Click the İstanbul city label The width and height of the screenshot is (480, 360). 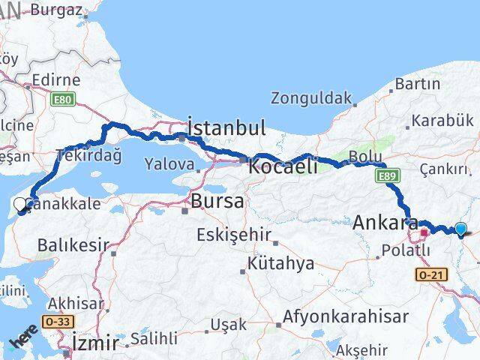(226, 127)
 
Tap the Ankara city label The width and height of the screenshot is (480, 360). (385, 223)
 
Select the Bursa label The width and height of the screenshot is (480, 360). (217, 201)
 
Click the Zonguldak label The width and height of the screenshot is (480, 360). (311, 98)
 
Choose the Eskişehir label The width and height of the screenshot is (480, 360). (233, 235)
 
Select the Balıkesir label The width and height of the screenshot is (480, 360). (73, 245)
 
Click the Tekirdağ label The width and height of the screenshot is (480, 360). (88, 156)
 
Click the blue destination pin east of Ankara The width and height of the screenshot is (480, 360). (460, 230)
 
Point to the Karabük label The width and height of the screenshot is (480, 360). (442, 120)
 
